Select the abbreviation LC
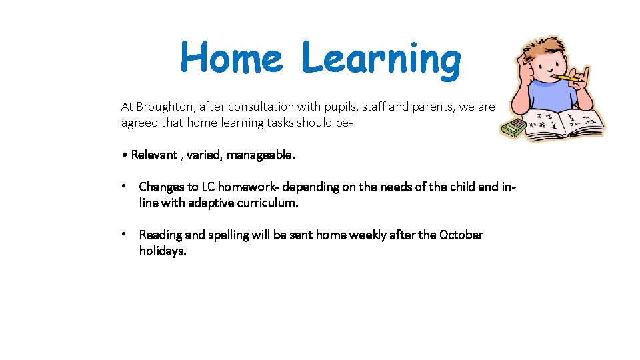208,187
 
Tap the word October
461,235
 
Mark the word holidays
163,251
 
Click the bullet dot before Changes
125,187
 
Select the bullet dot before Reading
125,235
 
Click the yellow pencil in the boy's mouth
568,79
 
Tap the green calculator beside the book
514,128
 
